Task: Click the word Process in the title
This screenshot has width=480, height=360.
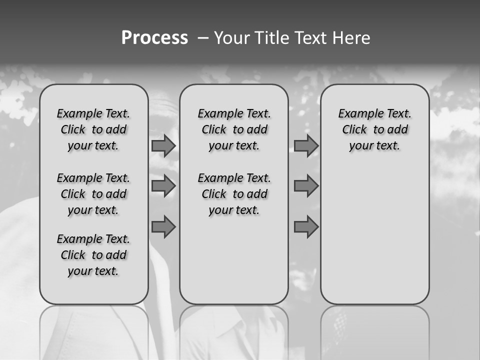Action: coord(154,38)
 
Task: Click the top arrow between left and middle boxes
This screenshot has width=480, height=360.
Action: coord(163,145)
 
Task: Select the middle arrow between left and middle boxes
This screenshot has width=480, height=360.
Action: coord(163,186)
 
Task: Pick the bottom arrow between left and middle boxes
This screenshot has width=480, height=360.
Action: coord(163,226)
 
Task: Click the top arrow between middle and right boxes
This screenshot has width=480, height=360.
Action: coord(306,145)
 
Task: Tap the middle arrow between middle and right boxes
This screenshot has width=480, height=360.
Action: coord(306,186)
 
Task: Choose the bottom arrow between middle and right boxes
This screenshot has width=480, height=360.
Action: coord(306,226)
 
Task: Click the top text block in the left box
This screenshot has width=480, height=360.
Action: coord(93,129)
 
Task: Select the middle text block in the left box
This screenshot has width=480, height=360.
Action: coord(93,194)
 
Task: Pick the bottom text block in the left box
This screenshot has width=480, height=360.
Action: coord(93,255)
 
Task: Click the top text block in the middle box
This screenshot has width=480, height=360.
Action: coord(234,129)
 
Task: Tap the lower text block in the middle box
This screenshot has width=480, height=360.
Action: coord(234,194)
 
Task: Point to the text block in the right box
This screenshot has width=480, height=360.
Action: coord(375,129)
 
